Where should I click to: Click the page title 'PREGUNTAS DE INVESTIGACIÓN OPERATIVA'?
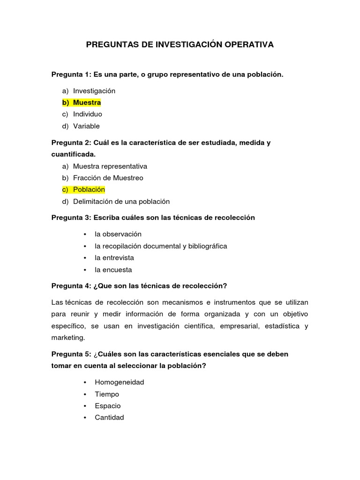pyautogui.click(x=180, y=45)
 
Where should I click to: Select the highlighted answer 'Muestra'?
pyautogui.click(x=87, y=103)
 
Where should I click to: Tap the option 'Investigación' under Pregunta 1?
pyautogui.click(x=94, y=91)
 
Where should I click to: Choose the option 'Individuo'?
pyautogui.click(x=87, y=114)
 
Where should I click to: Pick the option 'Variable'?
pyautogui.click(x=86, y=126)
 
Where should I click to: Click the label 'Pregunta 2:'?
pyautogui.click(x=71, y=142)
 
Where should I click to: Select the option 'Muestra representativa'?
pyautogui.click(x=110, y=166)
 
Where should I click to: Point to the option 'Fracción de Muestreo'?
pyautogui.click(x=108, y=178)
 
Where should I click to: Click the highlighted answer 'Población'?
pyautogui.click(x=89, y=190)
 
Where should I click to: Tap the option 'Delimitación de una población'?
pyautogui.click(x=121, y=202)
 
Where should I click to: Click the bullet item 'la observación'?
pyautogui.click(x=118, y=234)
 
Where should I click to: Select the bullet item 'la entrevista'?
pyautogui.click(x=114, y=258)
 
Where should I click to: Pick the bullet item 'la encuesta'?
pyautogui.click(x=113, y=270)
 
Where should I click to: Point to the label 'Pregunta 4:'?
pyautogui.click(x=71, y=286)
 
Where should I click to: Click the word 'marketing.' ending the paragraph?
pyautogui.click(x=68, y=337)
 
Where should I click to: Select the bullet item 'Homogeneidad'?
pyautogui.click(x=119, y=382)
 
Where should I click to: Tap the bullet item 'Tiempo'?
pyautogui.click(x=107, y=394)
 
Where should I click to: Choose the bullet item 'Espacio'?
pyautogui.click(x=107, y=406)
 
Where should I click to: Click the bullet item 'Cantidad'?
pyautogui.click(x=109, y=418)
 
